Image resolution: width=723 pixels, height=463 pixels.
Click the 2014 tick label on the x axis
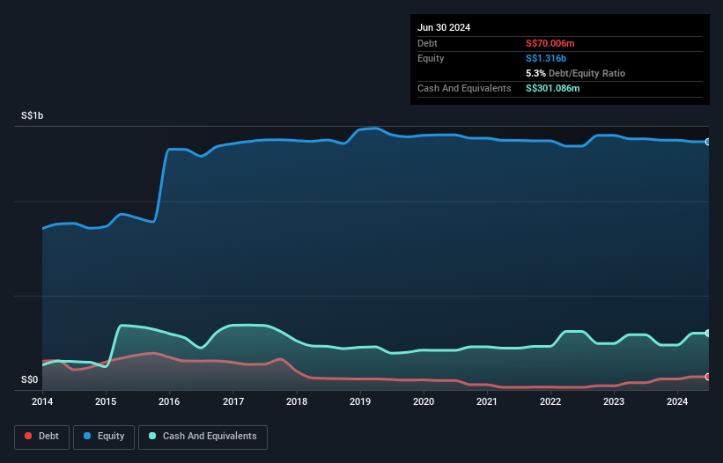(42, 401)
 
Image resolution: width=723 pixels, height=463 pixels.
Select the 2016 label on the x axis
(169, 401)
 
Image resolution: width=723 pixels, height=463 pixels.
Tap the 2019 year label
(360, 401)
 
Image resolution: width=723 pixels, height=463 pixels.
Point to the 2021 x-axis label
(487, 401)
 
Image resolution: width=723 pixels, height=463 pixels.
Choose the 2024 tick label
(677, 401)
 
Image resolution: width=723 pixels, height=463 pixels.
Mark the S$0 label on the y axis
(30, 380)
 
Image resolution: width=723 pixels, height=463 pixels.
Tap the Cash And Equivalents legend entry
(203, 437)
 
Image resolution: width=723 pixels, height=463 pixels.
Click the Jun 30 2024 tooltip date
(444, 27)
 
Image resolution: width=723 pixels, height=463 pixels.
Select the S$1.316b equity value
(547, 58)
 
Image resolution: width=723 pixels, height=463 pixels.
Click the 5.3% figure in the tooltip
(535, 73)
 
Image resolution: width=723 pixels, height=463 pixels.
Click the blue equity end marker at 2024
(708, 142)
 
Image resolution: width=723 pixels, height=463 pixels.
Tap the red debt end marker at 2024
(708, 377)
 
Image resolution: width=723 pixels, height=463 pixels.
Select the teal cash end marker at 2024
(708, 333)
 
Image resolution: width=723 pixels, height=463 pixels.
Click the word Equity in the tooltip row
(431, 58)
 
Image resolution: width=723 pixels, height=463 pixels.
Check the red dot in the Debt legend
(29, 437)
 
